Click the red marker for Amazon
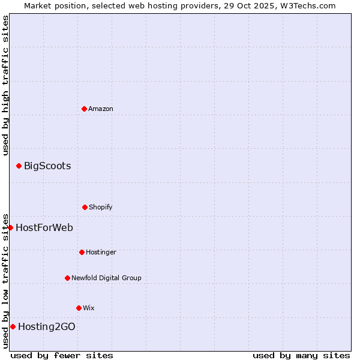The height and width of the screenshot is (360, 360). pyautogui.click(x=84, y=109)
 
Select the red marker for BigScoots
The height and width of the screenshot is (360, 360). pyautogui.click(x=19, y=166)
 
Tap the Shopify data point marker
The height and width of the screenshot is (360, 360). pyautogui.click(x=85, y=207)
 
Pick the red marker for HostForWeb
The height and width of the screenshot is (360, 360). pyautogui.click(x=10, y=227)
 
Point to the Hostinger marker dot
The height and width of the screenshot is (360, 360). pyautogui.click(x=82, y=252)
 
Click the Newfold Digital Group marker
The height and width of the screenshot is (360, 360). pyautogui.click(x=67, y=278)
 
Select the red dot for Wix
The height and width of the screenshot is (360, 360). pyautogui.click(x=79, y=308)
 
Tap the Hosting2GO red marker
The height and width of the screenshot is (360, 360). pyautogui.click(x=13, y=326)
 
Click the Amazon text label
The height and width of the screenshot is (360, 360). pyautogui.click(x=101, y=109)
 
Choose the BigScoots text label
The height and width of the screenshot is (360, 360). pyautogui.click(x=47, y=166)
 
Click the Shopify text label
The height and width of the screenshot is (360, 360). pyautogui.click(x=101, y=207)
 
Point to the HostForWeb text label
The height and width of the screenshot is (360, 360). pyautogui.click(x=44, y=228)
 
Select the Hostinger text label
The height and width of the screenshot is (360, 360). pyautogui.click(x=101, y=252)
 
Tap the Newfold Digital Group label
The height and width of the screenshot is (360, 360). pyautogui.click(x=106, y=278)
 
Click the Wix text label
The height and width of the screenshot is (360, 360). pyautogui.click(x=89, y=308)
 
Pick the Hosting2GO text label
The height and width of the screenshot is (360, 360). pyautogui.click(x=47, y=327)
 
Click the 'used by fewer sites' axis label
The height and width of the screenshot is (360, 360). pyautogui.click(x=62, y=355)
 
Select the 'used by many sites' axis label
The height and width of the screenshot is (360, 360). pyautogui.click(x=301, y=355)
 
